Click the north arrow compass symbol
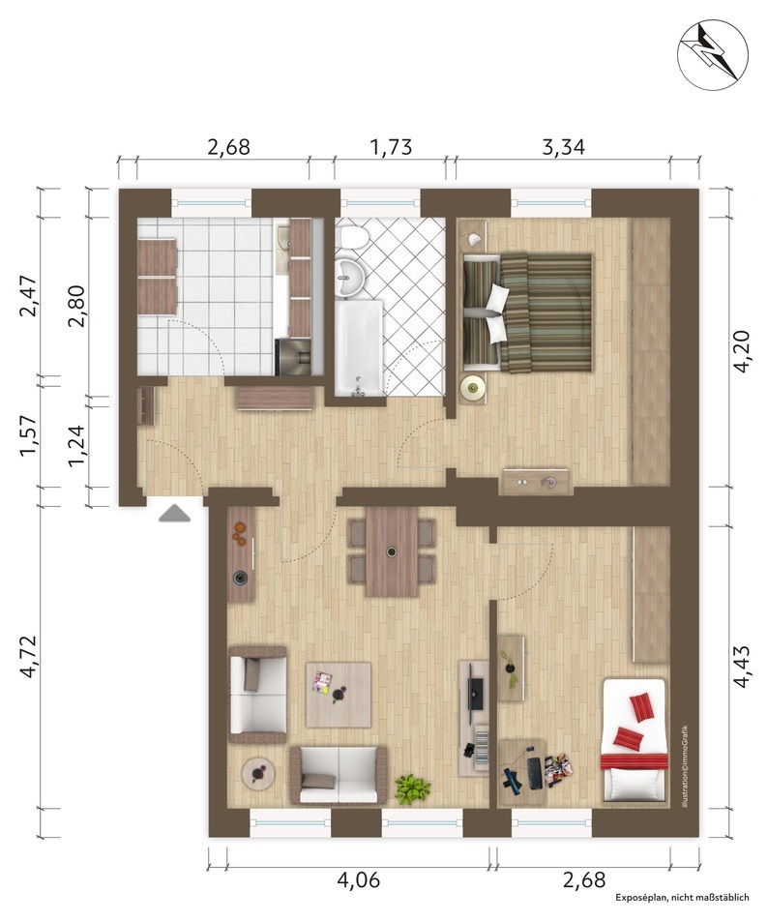pyautogui.click(x=713, y=51)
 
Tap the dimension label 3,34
pyautogui.click(x=563, y=146)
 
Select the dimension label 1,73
pyautogui.click(x=391, y=146)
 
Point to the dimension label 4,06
pyautogui.click(x=358, y=880)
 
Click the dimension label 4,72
pyautogui.click(x=28, y=657)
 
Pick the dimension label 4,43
pyautogui.click(x=741, y=667)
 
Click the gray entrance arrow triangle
pyautogui.click(x=175, y=513)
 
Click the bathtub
pyautogui.click(x=359, y=347)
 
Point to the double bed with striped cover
pyautogui.click(x=527, y=312)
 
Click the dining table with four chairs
pyautogui.click(x=392, y=551)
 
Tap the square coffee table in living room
pyautogui.click(x=339, y=695)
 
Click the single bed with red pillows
pyautogui.click(x=635, y=740)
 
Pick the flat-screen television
pyautogui.click(x=475, y=694)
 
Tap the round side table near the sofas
pyautogui.click(x=258, y=774)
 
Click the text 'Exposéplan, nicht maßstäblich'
pyautogui.click(x=682, y=913)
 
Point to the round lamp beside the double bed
pyautogui.click(x=473, y=387)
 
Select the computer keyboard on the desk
pyautogui.click(x=535, y=773)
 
